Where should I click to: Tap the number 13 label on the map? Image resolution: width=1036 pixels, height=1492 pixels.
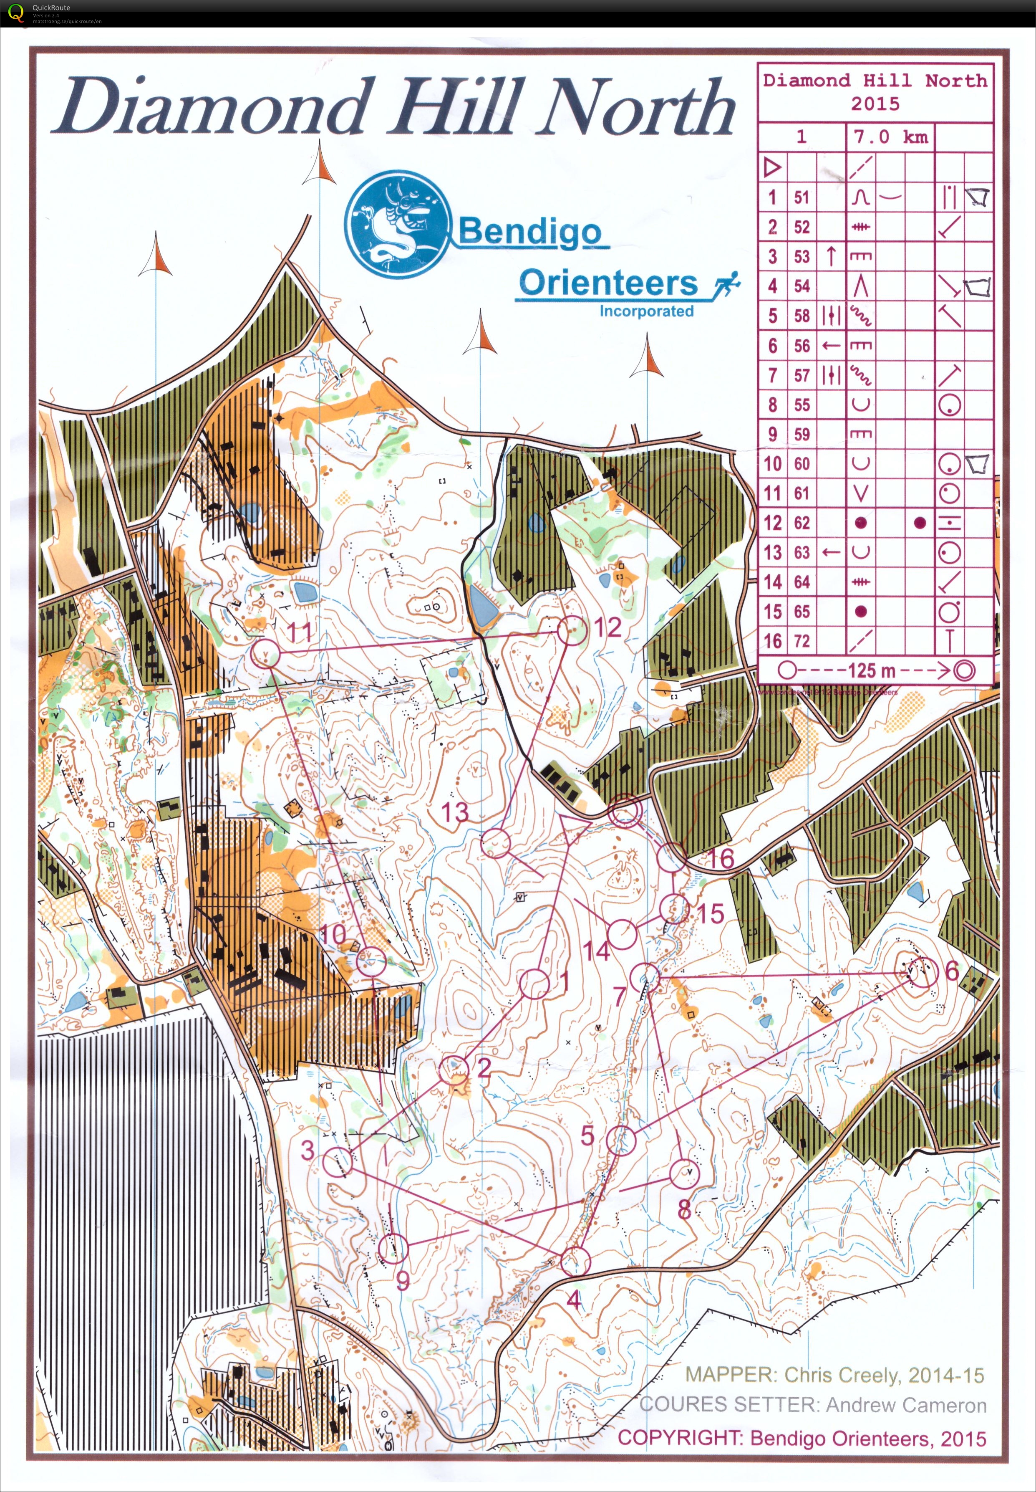pyautogui.click(x=455, y=812)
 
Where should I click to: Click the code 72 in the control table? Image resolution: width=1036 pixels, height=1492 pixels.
pyautogui.click(x=802, y=641)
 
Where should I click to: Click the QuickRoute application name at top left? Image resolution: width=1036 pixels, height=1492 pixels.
pyautogui.click(x=51, y=7)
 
